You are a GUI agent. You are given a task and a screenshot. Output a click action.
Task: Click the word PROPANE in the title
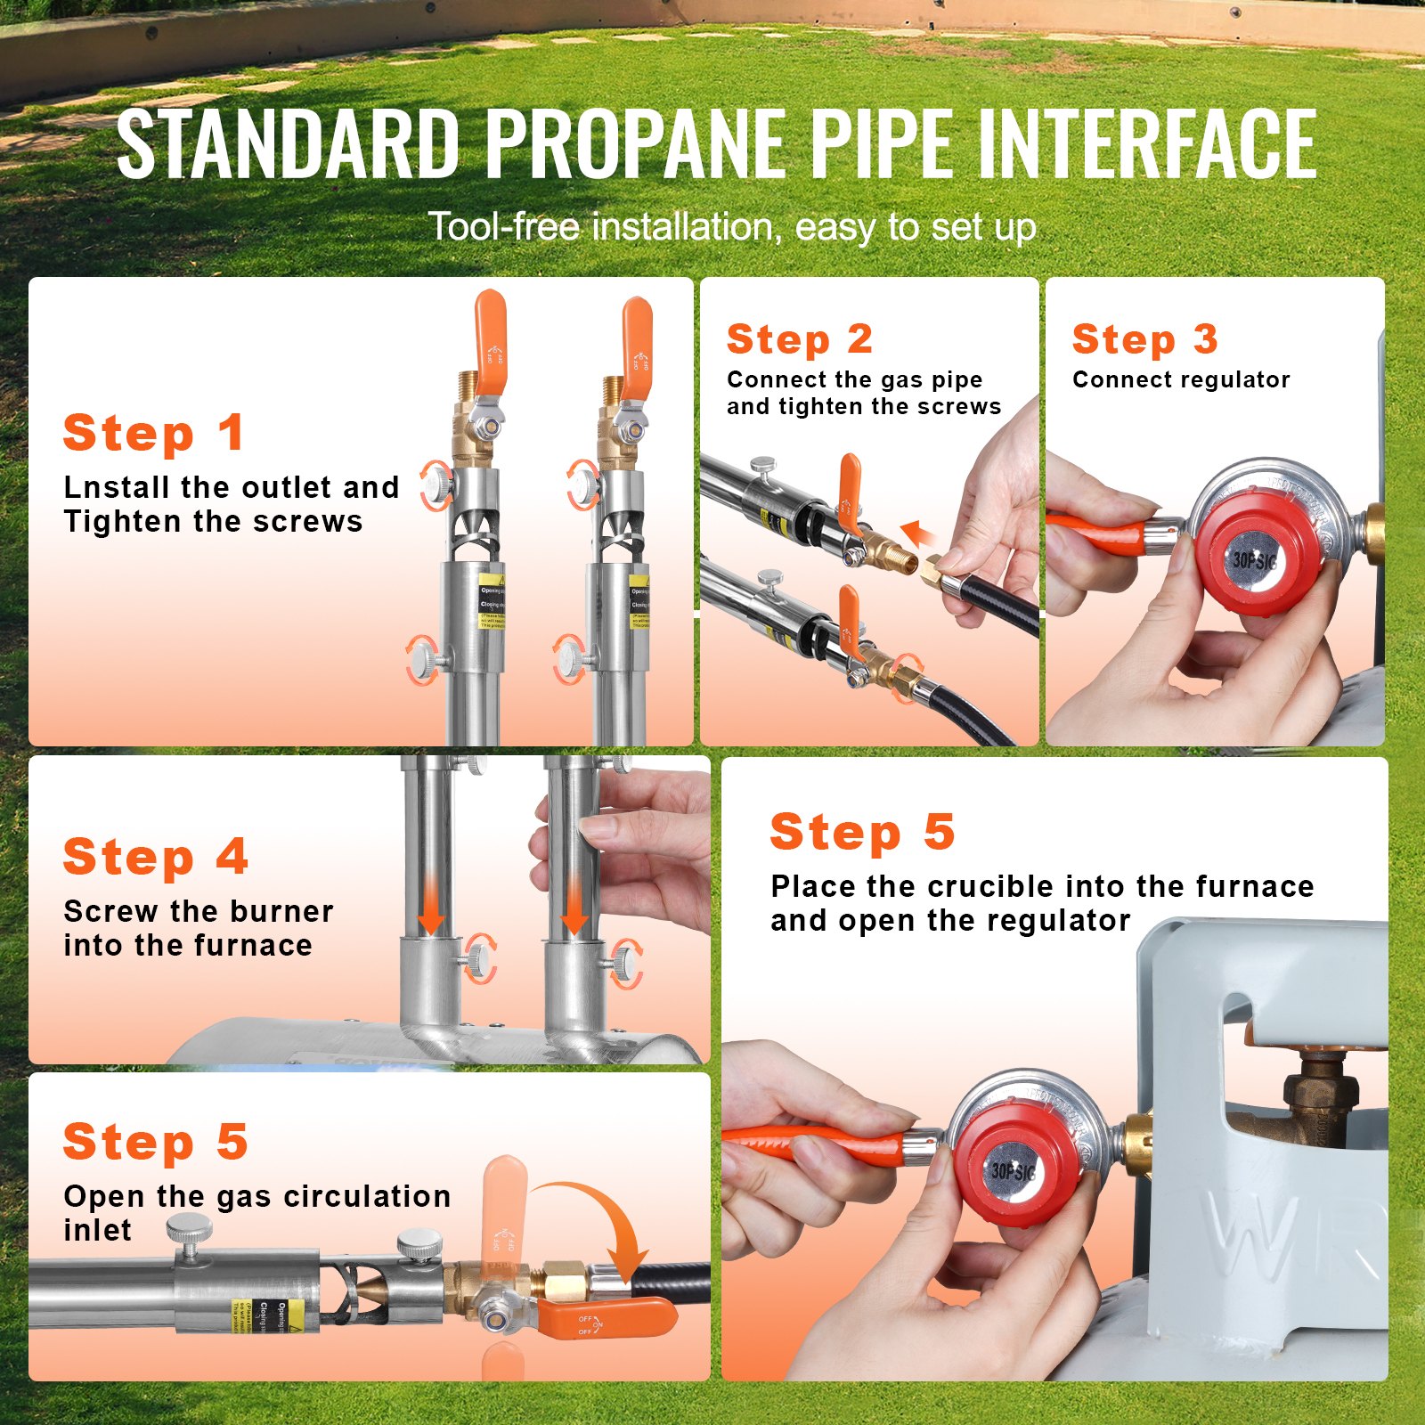[x=638, y=144]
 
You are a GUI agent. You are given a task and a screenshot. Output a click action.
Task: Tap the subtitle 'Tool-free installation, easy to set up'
[x=732, y=227]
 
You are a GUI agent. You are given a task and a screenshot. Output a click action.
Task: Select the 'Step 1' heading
[x=153, y=434]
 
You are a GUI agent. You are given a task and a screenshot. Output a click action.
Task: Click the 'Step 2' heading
[x=799, y=339]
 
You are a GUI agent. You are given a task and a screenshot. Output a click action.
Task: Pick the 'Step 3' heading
[x=1144, y=339]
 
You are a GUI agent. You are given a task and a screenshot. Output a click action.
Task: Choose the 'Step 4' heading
[x=155, y=857]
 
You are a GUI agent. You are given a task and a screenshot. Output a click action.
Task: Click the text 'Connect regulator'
[x=1180, y=380]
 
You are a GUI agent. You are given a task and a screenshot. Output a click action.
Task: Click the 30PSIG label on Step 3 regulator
[x=1254, y=561]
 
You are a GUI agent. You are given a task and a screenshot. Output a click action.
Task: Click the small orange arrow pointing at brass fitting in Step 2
[x=917, y=534]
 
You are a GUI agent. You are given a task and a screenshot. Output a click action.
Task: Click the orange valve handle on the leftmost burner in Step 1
[x=490, y=340]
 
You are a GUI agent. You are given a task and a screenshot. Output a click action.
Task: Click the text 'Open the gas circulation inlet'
[x=256, y=1211]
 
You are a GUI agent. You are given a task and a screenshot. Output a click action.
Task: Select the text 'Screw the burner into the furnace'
[x=198, y=928]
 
